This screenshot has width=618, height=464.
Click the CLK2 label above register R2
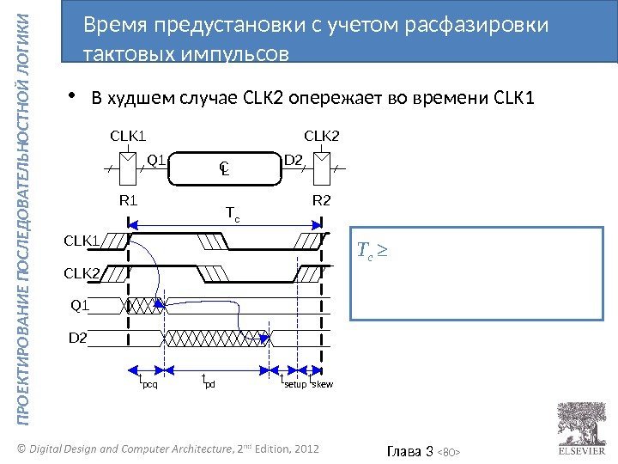322,136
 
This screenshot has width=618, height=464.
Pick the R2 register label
322,201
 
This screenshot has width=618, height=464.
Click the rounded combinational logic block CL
225,169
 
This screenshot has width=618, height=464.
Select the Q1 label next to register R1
156,159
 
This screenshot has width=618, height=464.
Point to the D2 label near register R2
294,159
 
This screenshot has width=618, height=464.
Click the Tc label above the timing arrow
232,211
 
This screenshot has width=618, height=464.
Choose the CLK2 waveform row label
81,273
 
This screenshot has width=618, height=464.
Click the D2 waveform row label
78,339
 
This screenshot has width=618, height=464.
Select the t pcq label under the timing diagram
148,381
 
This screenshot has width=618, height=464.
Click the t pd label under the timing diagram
208,381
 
